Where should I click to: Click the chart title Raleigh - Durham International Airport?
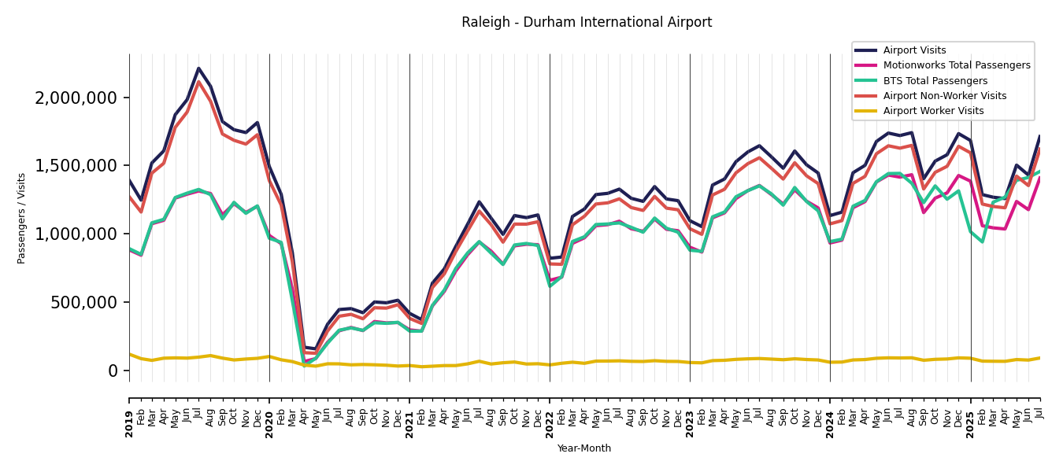pyautogui.click(x=587, y=23)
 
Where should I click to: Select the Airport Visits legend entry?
pyautogui.click(x=914, y=50)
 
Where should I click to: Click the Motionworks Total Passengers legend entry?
pyautogui.click(x=956, y=65)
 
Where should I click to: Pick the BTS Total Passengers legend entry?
pyautogui.click(x=935, y=81)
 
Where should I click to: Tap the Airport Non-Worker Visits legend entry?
pyautogui.click(x=944, y=96)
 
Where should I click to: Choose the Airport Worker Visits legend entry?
pyautogui.click(x=933, y=111)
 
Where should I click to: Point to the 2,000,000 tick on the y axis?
pyautogui.click(x=76, y=98)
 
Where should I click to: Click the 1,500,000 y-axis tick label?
pyautogui.click(x=76, y=166)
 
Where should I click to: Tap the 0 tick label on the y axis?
pyautogui.click(x=113, y=371)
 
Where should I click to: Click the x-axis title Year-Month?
pyautogui.click(x=583, y=448)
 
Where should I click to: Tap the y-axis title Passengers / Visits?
pyautogui.click(x=22, y=218)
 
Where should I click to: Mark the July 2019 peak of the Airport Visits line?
pyautogui.click(x=198, y=68)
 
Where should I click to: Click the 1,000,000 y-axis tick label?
pyautogui.click(x=76, y=234)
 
